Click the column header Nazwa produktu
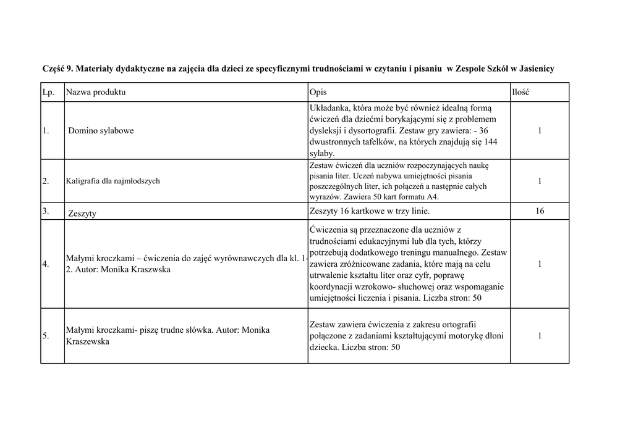point(96,92)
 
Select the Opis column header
point(318,92)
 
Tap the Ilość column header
point(520,92)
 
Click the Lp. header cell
point(48,92)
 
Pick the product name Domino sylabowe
point(101,131)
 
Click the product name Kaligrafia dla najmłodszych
point(113,181)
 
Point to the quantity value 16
point(540,211)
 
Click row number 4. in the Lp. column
point(46,264)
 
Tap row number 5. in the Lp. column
point(46,336)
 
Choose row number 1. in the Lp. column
point(46,131)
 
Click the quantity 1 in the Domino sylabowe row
point(540,131)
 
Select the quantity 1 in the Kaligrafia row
point(540,181)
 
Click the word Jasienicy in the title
point(537,69)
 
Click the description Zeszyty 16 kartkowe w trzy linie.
point(368,211)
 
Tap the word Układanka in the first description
point(329,108)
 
